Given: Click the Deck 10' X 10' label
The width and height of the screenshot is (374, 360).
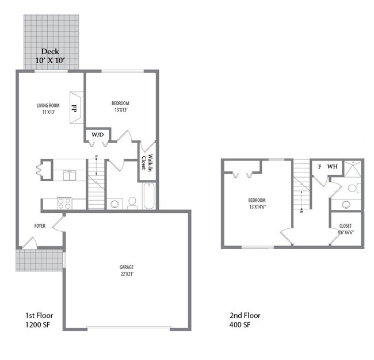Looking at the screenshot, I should coord(49,56).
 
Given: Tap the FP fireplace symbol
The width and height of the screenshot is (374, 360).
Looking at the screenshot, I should coord(74,107).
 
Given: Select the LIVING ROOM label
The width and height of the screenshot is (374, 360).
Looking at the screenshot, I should coord(48,108).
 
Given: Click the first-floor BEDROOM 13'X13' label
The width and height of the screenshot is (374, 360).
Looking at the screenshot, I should coord(120,106).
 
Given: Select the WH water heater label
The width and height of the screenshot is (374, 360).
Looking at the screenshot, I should coord(332,167).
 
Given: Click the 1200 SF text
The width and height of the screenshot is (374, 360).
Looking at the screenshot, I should coord(39,325).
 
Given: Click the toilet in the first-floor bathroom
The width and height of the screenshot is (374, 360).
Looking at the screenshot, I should coord(132,202).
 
